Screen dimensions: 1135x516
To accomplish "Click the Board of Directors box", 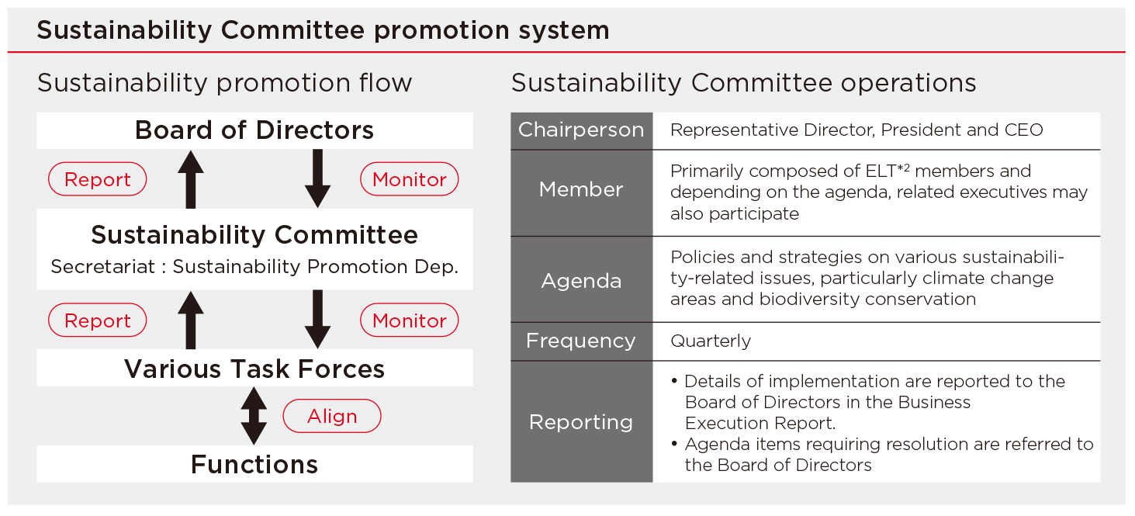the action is (x=254, y=131).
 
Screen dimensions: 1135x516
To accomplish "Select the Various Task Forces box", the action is (x=254, y=368).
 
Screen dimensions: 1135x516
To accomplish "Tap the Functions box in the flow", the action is (x=254, y=464).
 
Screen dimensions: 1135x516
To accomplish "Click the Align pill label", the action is (x=332, y=416).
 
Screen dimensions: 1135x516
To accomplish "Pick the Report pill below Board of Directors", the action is (x=97, y=179).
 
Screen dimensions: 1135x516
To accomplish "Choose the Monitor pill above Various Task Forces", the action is (x=410, y=320).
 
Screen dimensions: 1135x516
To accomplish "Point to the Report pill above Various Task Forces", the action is (x=97, y=320).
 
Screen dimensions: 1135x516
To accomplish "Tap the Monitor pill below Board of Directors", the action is (x=410, y=179).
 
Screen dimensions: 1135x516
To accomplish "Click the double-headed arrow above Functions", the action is (x=254, y=416).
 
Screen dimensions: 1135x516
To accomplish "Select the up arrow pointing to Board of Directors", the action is (x=191, y=179).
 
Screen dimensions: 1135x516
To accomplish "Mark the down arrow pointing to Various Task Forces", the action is (x=318, y=320).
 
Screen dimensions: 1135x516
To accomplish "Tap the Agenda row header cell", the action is (x=581, y=279).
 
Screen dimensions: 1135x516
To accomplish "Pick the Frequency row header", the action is (x=581, y=341).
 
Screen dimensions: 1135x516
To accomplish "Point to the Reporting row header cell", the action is (x=581, y=421).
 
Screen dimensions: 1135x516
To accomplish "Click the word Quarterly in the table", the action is (x=711, y=341).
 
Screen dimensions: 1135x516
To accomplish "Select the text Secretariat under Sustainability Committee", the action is (x=103, y=267).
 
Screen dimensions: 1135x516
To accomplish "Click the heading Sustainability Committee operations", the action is (x=743, y=82).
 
